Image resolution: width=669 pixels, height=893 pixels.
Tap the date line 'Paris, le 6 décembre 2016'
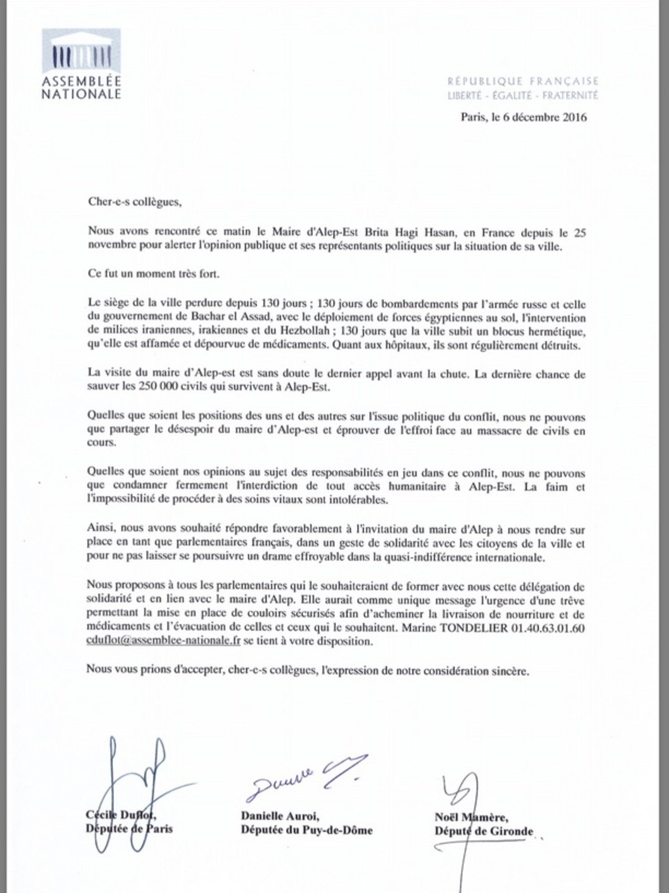point(523,117)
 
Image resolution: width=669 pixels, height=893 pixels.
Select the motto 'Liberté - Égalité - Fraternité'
point(522,96)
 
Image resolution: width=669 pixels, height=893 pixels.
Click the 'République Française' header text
point(522,81)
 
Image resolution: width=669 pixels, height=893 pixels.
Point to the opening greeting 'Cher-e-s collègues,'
point(134,202)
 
